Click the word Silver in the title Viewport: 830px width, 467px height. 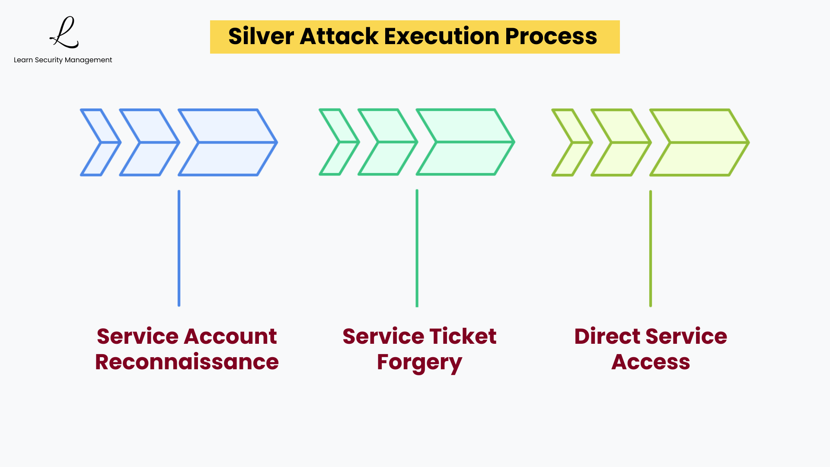coord(261,36)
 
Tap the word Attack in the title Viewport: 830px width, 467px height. coord(339,36)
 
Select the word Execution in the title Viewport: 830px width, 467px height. coord(441,36)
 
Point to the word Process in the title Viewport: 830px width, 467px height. coord(551,36)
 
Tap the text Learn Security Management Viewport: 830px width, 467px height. coord(63,60)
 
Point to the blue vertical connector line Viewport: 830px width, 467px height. coord(179,248)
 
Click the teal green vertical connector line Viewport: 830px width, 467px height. coord(417,248)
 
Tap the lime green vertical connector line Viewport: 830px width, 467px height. coord(650,248)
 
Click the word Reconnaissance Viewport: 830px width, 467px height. coord(187,362)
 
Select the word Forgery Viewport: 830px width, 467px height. coord(419,363)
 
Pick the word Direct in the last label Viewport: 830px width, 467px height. coord(607,336)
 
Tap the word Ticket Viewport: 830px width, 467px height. coord(463,336)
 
